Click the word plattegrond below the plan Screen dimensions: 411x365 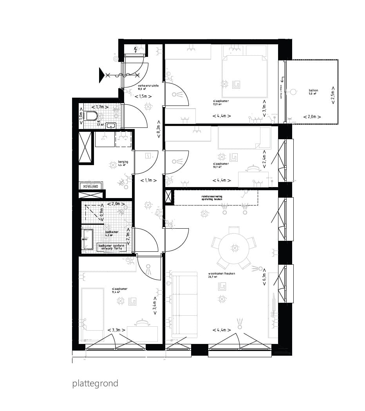tap(95, 383)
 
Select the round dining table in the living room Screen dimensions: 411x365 tap(234, 248)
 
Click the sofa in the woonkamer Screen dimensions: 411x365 tap(185, 304)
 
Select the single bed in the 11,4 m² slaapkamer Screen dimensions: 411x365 tap(92, 314)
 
